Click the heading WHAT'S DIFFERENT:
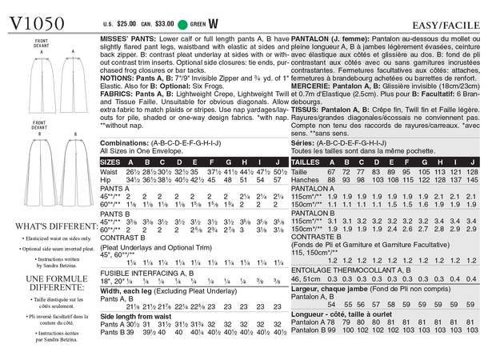coord(47,226)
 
